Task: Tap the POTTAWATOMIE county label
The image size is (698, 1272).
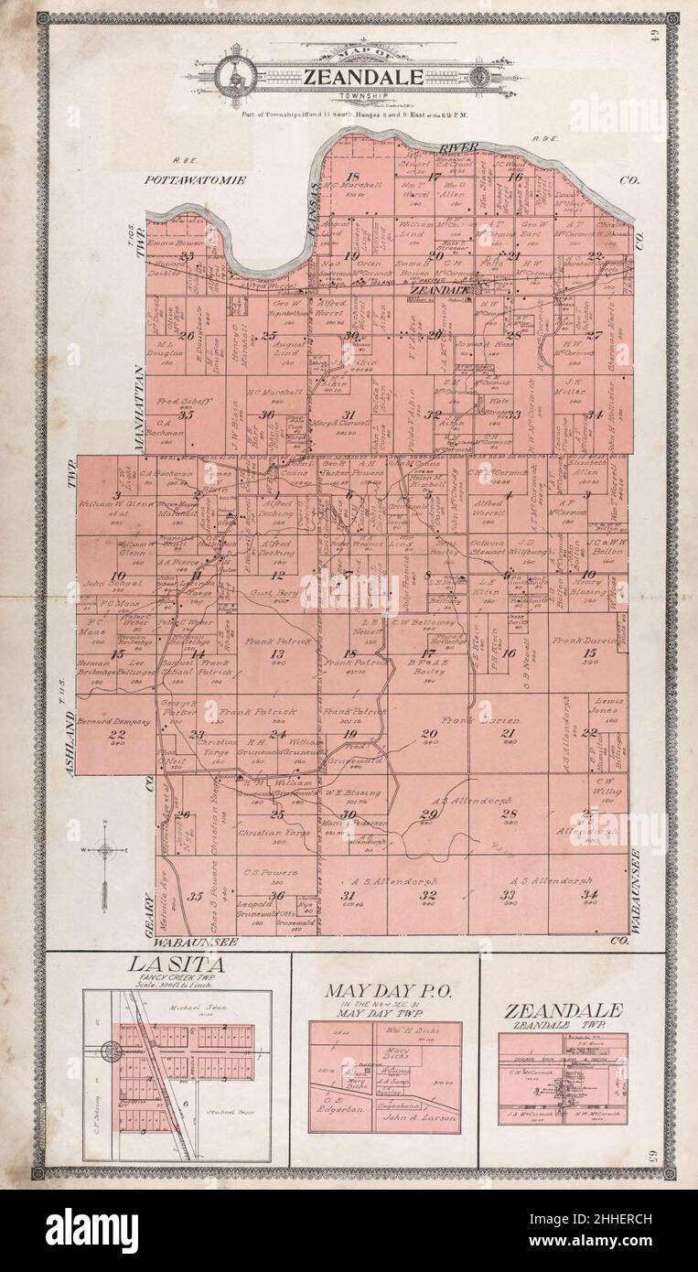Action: tap(196, 180)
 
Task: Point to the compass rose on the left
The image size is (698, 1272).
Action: tap(106, 850)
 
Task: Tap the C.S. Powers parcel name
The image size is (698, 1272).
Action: tap(265, 873)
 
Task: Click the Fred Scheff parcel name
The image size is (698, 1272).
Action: tap(185, 401)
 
